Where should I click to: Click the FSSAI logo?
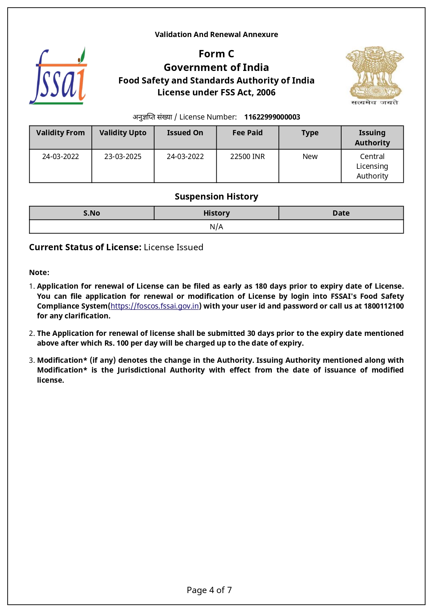pos(58,76)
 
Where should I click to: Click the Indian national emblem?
pos(374,75)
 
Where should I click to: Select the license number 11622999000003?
pos(272,117)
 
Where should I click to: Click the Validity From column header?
pos(60,133)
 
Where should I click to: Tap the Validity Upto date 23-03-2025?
pos(123,157)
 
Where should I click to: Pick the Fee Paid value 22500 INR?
pos(247,157)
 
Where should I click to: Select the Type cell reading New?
pos(310,157)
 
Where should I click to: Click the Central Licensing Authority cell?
pos(372,166)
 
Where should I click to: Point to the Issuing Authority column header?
pos(372,138)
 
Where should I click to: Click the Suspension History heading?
pos(216,197)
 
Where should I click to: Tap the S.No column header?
pos(91,213)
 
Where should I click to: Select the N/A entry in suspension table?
pos(216,227)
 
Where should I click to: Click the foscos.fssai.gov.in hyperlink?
pos(155,306)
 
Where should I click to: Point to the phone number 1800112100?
pos(383,306)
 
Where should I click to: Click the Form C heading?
pos(216,54)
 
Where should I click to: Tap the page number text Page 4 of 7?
pos(209,590)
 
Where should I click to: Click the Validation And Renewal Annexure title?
pos(216,35)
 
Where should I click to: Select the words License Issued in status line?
pos(173,247)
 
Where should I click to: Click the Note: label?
pos(39,273)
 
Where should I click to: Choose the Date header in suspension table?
pos(341,213)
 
